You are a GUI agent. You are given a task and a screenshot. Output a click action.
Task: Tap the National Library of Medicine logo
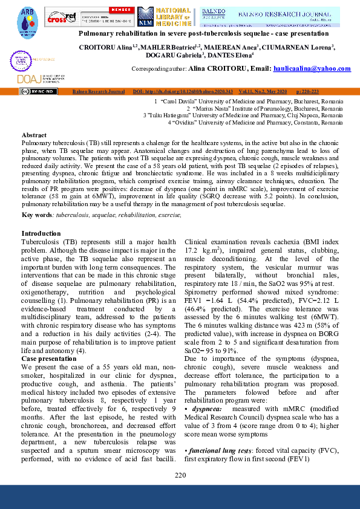click(164, 16)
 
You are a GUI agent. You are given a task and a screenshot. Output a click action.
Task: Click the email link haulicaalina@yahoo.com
click(312, 69)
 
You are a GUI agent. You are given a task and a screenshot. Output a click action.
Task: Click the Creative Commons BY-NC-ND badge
click(39, 91)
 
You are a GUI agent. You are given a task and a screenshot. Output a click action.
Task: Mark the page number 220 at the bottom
click(180, 475)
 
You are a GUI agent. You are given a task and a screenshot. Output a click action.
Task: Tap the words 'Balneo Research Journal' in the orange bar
click(98, 91)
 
